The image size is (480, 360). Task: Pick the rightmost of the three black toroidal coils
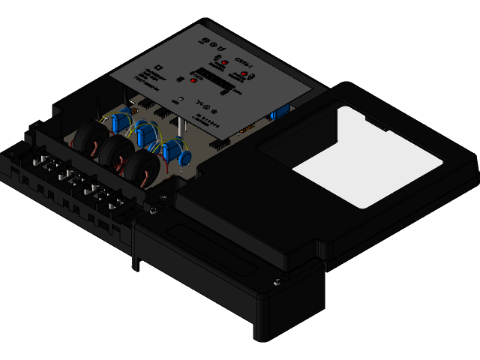[x=142, y=166]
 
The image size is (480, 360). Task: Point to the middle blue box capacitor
[x=145, y=136]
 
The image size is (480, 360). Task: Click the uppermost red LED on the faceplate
[x=224, y=61]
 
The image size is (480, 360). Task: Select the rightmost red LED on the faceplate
[x=244, y=75]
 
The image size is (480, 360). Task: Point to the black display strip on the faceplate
[x=217, y=76]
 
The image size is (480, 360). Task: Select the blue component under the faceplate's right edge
[x=280, y=112]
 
